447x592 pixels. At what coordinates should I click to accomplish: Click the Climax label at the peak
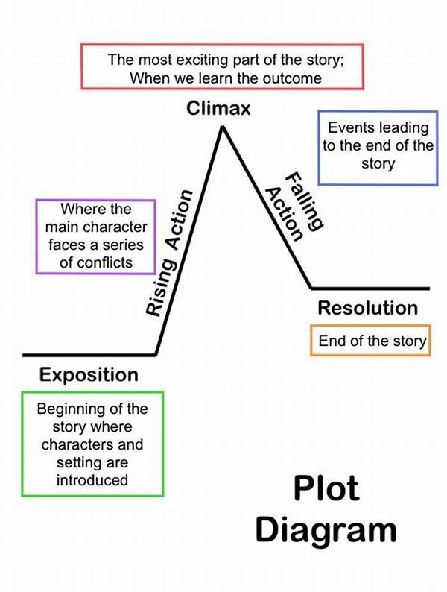(218, 110)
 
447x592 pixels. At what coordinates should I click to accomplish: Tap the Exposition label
(89, 374)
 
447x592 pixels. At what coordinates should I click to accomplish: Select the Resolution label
(367, 307)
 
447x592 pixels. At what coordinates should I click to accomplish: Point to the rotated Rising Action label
(169, 252)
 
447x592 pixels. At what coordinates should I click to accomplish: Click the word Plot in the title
(326, 488)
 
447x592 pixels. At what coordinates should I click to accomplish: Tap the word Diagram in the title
(326, 529)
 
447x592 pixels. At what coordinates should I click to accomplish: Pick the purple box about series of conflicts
(95, 236)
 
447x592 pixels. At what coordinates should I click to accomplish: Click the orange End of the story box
(371, 341)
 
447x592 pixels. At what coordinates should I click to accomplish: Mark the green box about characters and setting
(92, 444)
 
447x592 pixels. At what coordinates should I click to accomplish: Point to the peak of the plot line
(221, 128)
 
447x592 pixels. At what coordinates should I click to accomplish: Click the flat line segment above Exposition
(89, 354)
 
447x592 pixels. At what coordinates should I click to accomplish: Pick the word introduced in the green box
(92, 479)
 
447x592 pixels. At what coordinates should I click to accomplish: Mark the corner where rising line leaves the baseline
(155, 354)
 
